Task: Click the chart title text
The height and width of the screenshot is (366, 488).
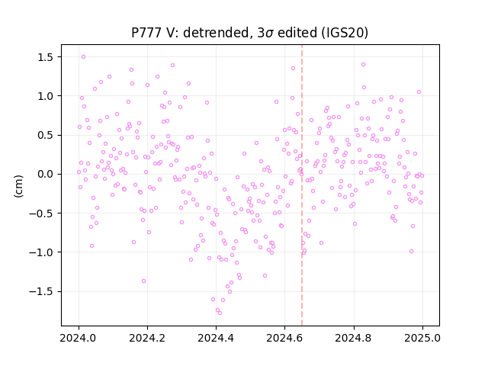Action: click(249, 33)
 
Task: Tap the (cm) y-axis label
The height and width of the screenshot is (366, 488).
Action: click(18, 186)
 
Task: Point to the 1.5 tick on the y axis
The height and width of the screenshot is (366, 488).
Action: click(46, 57)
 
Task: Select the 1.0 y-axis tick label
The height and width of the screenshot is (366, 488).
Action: click(46, 96)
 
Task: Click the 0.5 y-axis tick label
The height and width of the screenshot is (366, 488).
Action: click(46, 136)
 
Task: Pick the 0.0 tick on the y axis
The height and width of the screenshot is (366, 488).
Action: click(46, 175)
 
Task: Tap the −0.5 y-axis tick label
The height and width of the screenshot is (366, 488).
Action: click(42, 213)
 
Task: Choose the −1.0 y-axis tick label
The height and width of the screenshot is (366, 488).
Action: click(42, 252)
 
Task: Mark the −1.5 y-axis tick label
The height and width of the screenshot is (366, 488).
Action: click(42, 291)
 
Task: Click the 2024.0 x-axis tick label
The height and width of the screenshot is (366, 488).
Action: click(79, 338)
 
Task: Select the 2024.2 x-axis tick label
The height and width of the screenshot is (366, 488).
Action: click(147, 338)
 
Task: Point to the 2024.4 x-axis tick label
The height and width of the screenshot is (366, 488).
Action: click(216, 338)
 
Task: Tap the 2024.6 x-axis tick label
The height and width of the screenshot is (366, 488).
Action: click(284, 338)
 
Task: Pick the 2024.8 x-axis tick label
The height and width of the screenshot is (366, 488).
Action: click(354, 338)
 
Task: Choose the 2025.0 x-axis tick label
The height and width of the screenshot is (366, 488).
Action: click(422, 338)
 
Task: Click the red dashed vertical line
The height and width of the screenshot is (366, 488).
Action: click(302, 185)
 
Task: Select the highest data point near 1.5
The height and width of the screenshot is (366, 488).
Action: click(83, 57)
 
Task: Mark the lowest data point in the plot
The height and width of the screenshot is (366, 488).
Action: click(220, 313)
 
